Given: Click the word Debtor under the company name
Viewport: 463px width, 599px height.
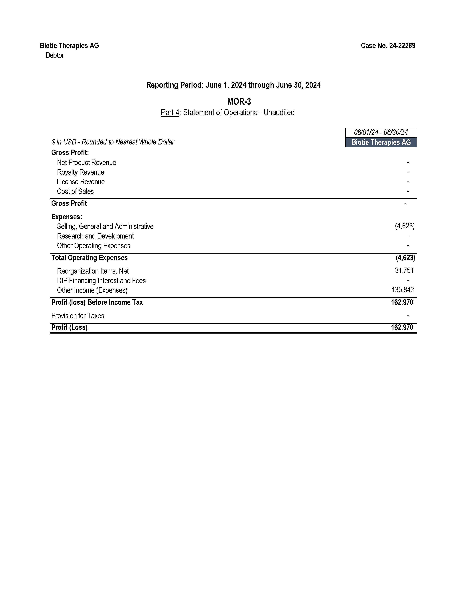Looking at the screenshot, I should (x=55, y=55).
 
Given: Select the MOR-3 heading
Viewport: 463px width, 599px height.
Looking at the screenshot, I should (x=239, y=102).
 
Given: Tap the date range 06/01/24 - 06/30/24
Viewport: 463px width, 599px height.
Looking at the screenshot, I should (x=381, y=133).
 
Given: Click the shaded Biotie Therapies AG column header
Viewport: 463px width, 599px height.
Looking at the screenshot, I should (x=381, y=142).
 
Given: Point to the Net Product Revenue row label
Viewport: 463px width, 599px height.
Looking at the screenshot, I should (x=86, y=163).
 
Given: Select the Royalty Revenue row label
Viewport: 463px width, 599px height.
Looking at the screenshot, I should (x=80, y=172).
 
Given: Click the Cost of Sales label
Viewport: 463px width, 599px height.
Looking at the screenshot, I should (x=75, y=191).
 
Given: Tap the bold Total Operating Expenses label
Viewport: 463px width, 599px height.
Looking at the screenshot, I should (x=89, y=258).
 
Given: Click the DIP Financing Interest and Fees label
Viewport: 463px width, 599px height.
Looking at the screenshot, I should (x=101, y=281).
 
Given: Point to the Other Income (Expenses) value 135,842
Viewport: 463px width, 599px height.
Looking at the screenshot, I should (x=403, y=290).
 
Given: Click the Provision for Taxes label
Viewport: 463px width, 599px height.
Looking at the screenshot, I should (x=78, y=316).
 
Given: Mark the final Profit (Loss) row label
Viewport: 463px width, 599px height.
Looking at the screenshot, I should (x=69, y=327).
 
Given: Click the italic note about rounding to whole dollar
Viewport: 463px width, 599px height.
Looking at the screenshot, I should (x=113, y=142).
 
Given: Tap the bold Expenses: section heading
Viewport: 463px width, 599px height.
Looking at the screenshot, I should (x=67, y=217).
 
